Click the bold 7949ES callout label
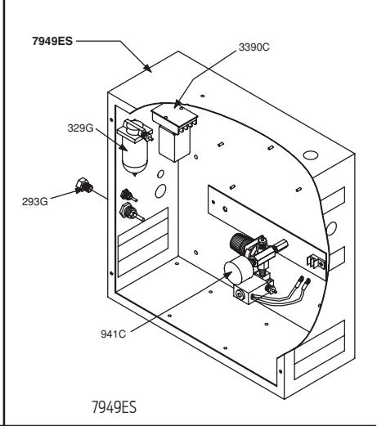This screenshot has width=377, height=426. pos(52,41)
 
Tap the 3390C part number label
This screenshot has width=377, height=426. pos(254,47)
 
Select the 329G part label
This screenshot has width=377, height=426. pos(80,128)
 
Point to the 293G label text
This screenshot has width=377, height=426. pos(35,202)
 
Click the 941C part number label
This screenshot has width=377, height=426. pos(114,334)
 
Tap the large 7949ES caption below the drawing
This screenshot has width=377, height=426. pos(114,407)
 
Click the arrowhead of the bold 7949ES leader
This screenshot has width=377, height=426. pos(148,69)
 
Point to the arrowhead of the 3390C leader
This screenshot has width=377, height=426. pos(177,104)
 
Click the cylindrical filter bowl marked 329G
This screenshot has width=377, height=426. pos(135,157)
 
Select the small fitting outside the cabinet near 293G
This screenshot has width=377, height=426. pos(84,186)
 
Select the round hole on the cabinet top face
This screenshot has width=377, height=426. pos(311,155)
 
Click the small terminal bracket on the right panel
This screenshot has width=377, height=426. pos(316,262)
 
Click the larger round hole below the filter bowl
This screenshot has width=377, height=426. pos(160,191)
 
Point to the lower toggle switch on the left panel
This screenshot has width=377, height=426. pos(131,213)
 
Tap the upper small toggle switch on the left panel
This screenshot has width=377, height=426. pos(128,195)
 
